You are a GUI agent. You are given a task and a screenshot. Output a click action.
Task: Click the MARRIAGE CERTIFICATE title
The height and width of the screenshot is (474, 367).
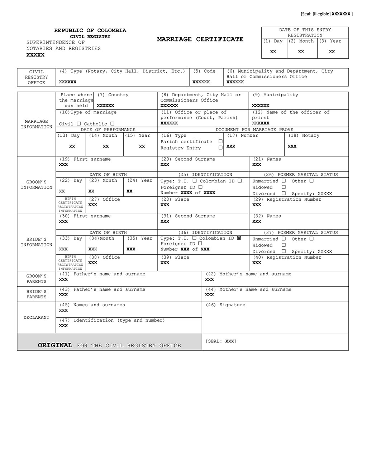[x=200, y=39]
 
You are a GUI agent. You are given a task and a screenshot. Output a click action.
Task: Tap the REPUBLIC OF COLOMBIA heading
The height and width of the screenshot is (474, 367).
[x=90, y=31]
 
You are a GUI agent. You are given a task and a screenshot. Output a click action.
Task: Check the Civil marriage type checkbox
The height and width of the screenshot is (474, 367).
[x=79, y=124]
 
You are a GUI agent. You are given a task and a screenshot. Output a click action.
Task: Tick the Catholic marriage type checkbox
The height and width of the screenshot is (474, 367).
[x=113, y=124]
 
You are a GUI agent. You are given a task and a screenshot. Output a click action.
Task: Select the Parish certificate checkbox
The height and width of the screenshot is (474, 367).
[x=220, y=142]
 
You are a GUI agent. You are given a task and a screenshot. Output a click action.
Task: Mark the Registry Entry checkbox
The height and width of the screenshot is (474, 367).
[x=220, y=148]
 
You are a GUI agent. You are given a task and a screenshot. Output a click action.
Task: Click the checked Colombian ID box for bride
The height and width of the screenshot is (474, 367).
[x=239, y=238]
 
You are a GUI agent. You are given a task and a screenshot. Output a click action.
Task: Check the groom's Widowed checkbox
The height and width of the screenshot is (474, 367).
[x=283, y=187]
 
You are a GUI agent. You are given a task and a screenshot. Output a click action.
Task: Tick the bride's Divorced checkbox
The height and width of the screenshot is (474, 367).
[x=283, y=251]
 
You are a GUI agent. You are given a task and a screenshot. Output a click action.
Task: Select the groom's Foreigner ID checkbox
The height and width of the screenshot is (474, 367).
[x=200, y=187]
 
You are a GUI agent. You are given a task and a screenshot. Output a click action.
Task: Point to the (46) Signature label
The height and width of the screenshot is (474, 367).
[x=225, y=305]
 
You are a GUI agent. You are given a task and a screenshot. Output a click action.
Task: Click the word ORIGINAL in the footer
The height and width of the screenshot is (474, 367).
[x=55, y=345]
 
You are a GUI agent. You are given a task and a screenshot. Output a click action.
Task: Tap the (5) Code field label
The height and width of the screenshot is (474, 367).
[x=204, y=71]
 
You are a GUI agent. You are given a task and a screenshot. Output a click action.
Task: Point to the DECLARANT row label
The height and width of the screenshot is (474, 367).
[x=36, y=318]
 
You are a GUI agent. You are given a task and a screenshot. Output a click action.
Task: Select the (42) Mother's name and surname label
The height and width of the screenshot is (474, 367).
[x=248, y=274]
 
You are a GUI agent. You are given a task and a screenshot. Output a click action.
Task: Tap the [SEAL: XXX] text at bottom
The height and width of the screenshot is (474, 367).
[x=221, y=341]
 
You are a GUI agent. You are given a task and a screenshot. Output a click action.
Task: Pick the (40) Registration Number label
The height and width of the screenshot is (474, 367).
[x=287, y=258]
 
